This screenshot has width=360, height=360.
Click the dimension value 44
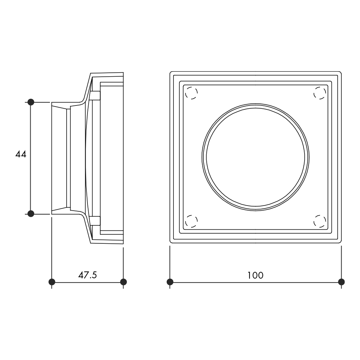[21, 154]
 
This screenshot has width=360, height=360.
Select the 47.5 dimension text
[87, 275]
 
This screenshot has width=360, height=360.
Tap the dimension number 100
[255, 275]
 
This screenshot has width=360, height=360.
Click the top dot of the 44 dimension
[31, 102]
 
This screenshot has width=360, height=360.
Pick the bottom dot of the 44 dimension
[31, 214]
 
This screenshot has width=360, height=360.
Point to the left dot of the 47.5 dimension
[52, 282]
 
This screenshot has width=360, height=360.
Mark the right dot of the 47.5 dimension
[123, 282]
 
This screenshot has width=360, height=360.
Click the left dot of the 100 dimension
[170, 282]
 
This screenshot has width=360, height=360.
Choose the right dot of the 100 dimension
[341, 282]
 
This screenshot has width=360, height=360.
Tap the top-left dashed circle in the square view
[191, 93]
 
